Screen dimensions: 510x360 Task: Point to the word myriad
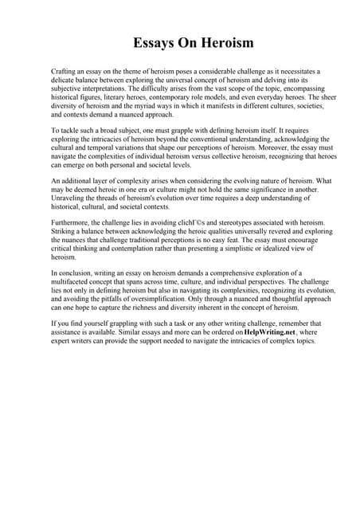[x=157, y=106]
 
